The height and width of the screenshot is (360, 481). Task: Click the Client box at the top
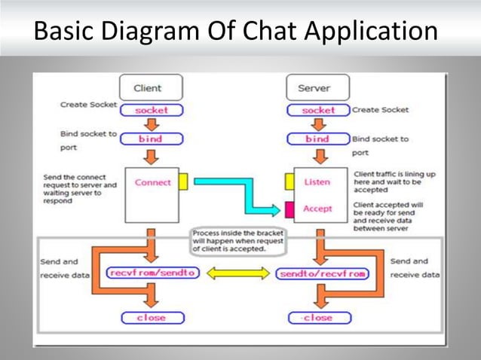coord(147,88)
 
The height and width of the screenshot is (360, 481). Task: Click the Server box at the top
coord(314,88)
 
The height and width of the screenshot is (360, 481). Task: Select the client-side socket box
coord(152,110)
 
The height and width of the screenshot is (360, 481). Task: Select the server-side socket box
coord(318,110)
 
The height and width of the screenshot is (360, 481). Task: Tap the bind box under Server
coord(318,139)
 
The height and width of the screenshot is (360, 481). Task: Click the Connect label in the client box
coord(153,182)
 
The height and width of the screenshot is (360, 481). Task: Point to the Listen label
coord(317,182)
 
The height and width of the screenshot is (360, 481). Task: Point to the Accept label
coord(317,209)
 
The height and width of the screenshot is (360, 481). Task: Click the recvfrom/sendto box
coord(153,273)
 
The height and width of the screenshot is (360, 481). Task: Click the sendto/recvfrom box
coord(322,273)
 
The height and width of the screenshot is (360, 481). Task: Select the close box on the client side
coord(152,318)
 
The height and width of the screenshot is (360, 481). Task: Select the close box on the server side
coord(317,318)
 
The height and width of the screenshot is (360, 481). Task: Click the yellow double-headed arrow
coord(237,273)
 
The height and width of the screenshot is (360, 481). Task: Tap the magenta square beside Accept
coord(289,209)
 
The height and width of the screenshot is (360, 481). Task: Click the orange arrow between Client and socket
coord(152,99)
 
